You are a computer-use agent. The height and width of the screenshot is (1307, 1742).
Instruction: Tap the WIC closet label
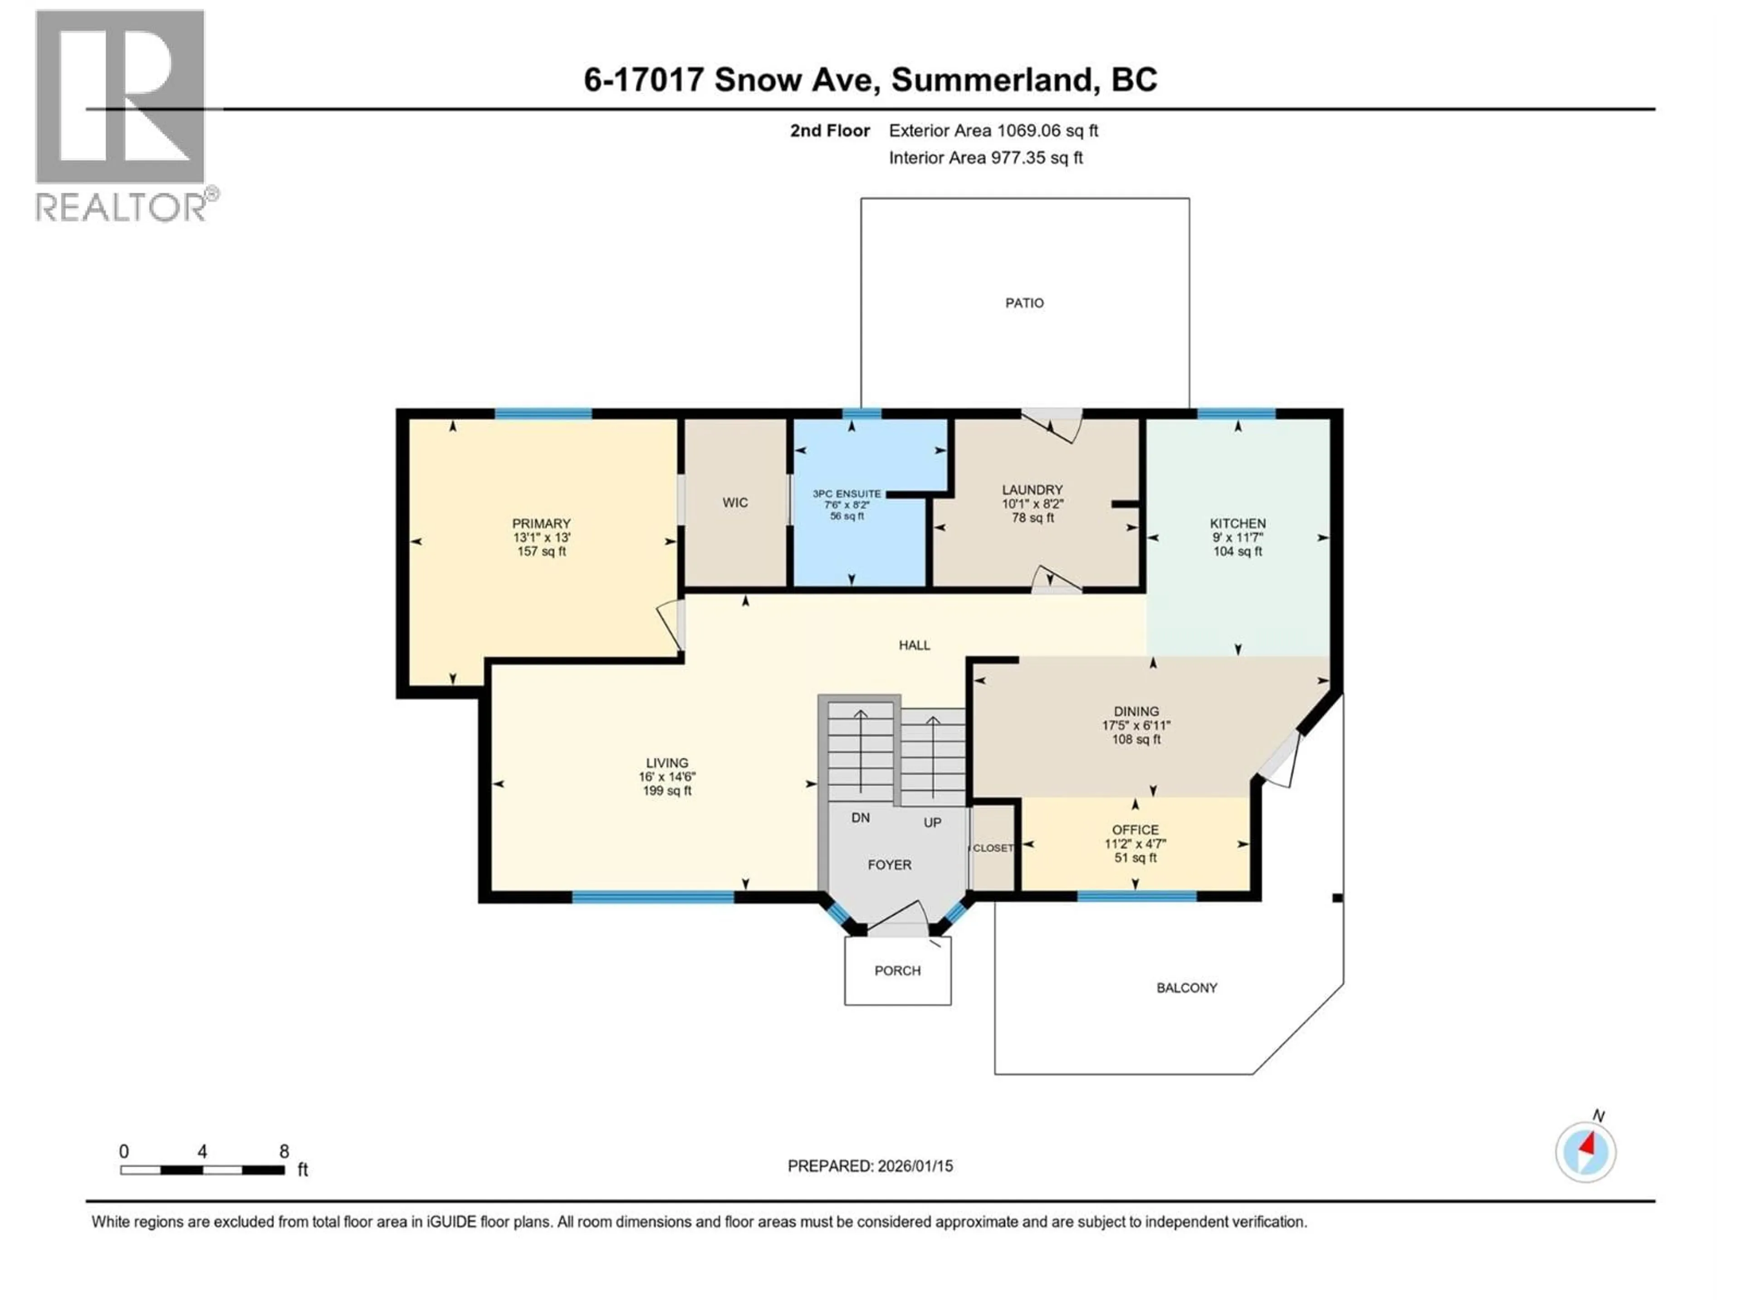click(735, 503)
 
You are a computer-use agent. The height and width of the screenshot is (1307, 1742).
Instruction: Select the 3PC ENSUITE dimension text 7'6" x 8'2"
click(847, 505)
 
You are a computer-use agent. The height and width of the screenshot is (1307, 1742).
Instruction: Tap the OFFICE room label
click(1135, 830)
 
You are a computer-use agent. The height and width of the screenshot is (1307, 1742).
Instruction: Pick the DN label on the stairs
click(860, 818)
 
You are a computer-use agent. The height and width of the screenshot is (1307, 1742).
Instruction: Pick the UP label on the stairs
click(932, 822)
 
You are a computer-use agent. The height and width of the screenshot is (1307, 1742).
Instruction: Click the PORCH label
click(897, 971)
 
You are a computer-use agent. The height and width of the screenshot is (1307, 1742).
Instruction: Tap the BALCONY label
click(1186, 988)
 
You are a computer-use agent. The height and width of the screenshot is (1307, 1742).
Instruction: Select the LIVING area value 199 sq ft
click(667, 791)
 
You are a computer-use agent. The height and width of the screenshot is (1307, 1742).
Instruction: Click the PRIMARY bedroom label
click(541, 524)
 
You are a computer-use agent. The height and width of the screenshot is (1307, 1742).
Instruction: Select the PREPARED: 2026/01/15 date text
click(870, 1166)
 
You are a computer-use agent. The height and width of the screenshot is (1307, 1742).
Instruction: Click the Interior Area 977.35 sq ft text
click(985, 157)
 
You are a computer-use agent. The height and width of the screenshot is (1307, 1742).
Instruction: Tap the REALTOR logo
click(122, 114)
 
